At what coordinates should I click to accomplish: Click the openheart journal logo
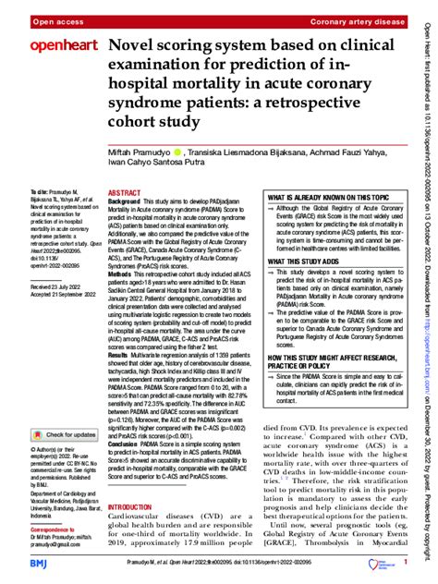(x=51, y=45)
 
